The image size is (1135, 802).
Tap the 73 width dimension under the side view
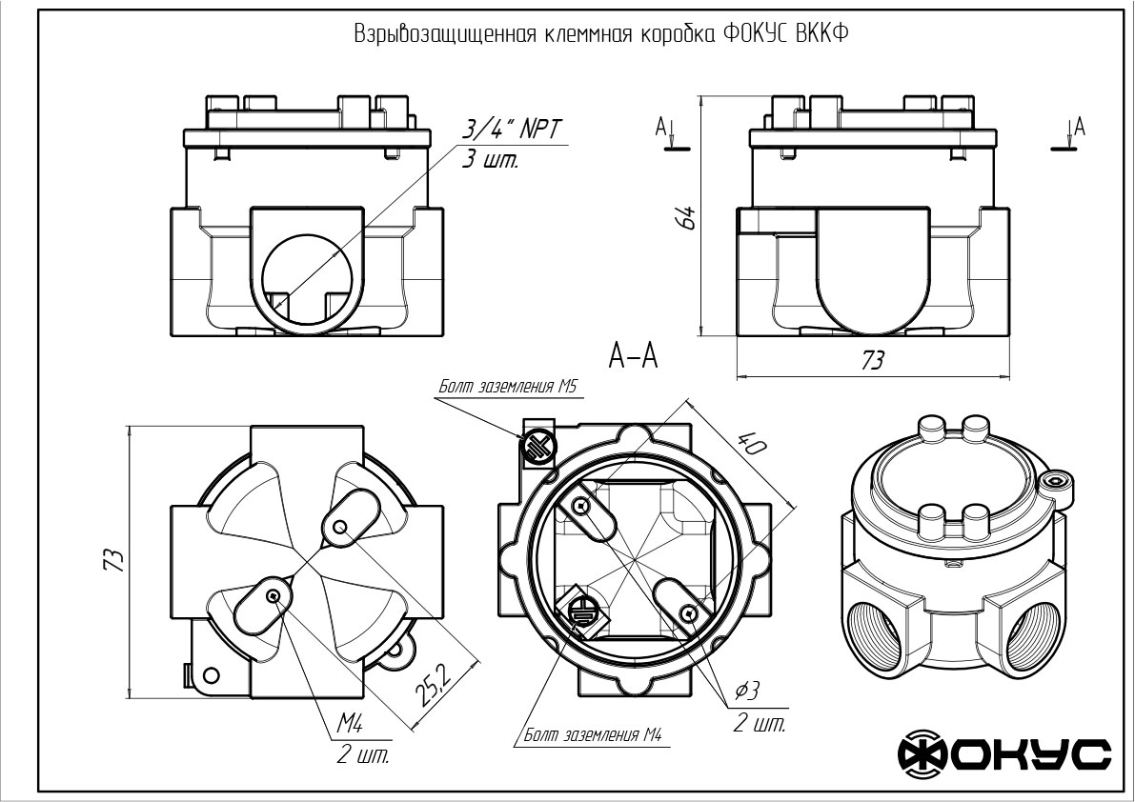click(872, 361)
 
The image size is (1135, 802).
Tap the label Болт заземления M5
click(509, 387)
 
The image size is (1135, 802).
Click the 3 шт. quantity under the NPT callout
click(490, 160)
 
